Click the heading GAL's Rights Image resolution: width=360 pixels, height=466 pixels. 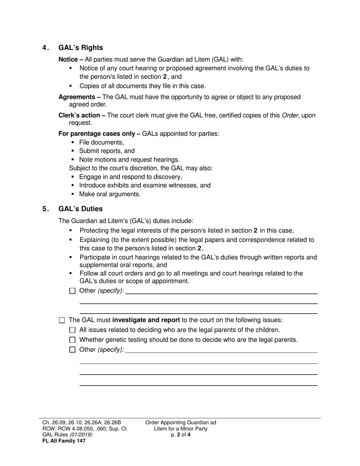[x=80, y=48]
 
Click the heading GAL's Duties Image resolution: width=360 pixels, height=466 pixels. [x=80, y=209]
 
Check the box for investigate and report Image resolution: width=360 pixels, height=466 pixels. [x=62, y=320]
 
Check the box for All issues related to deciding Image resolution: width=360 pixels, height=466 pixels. [x=73, y=330]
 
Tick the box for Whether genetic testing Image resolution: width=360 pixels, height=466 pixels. [x=73, y=340]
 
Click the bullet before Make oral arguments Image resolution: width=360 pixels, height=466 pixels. [x=73, y=194]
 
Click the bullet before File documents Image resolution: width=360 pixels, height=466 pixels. [x=73, y=143]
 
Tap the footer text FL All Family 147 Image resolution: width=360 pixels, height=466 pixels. [x=64, y=441]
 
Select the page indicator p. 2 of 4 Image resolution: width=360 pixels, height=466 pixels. [x=180, y=435]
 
